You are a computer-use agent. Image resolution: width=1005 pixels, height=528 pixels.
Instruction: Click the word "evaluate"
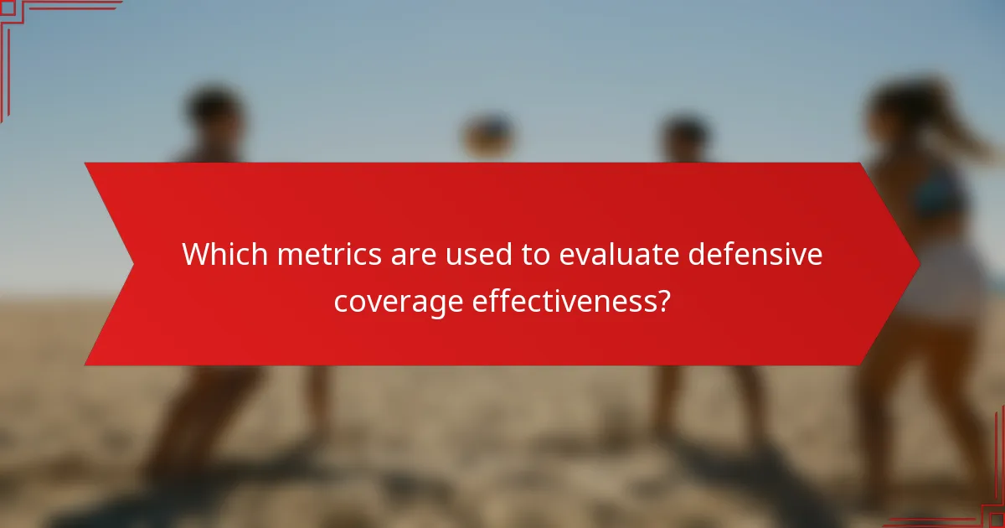tap(616, 254)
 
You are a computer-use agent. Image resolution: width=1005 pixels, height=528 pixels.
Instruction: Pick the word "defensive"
tap(755, 254)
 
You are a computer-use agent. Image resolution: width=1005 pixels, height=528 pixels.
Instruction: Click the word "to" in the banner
tap(533, 254)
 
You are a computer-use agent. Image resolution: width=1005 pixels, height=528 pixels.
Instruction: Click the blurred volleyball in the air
tap(487, 135)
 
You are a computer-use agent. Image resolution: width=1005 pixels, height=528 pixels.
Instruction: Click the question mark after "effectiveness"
tap(663, 301)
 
